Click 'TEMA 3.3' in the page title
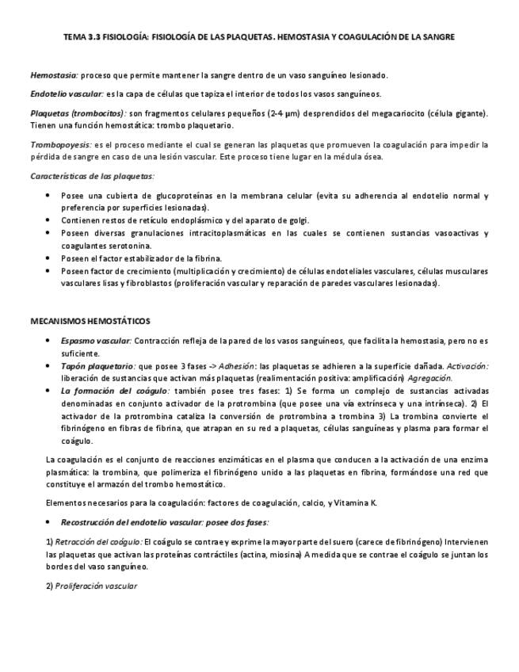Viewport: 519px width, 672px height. coord(82,37)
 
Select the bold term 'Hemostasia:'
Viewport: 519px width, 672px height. coord(54,75)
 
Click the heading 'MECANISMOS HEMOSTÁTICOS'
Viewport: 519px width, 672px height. coord(90,321)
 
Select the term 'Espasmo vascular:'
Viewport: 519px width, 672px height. coord(96,341)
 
